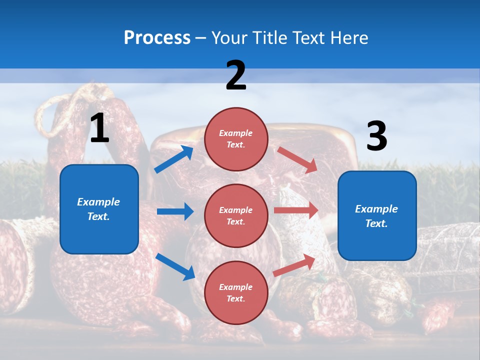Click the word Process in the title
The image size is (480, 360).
click(157, 37)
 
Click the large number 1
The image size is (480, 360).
click(99, 128)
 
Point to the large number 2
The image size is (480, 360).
click(236, 75)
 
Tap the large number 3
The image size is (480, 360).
click(376, 136)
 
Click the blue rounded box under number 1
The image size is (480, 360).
click(99, 209)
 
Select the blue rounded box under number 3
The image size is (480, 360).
click(377, 215)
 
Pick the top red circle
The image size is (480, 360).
click(236, 139)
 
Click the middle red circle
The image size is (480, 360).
click(236, 215)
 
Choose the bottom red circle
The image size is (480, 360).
click(236, 292)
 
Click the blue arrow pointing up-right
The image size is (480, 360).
click(174, 159)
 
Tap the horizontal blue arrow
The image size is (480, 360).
click(175, 211)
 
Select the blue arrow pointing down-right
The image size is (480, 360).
click(175, 266)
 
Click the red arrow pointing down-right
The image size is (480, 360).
click(297, 160)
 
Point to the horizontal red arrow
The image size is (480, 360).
click(296, 210)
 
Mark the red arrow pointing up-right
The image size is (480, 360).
click(294, 265)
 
